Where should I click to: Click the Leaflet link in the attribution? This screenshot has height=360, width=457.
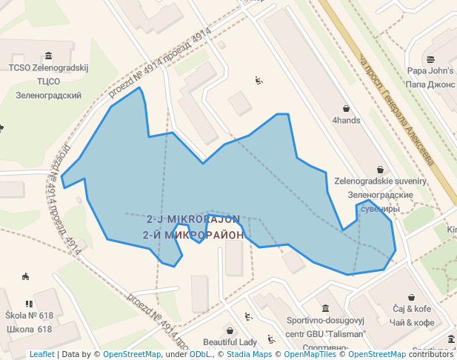41,354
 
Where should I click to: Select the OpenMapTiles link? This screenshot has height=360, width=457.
310,354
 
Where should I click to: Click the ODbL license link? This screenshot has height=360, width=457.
199,354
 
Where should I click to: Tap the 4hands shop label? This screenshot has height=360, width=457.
346,120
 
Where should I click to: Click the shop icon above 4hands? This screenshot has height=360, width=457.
346,108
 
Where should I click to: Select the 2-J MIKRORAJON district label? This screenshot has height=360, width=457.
193,220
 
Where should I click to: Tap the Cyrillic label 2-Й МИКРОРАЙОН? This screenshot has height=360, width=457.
193,235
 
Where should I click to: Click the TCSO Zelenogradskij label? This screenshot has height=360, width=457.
48,67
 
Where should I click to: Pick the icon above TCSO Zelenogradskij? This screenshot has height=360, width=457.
48,56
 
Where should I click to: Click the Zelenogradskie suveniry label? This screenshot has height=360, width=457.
380,181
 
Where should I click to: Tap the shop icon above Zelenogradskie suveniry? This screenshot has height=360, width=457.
380,170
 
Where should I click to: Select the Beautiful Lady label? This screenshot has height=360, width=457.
230,342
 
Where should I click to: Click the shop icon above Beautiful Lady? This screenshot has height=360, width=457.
230,330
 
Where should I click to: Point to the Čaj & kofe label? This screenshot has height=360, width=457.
412,309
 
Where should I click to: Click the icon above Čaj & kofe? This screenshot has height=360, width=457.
412,296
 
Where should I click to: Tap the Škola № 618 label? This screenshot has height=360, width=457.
29,316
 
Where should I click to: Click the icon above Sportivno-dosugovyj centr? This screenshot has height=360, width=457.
325,308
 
